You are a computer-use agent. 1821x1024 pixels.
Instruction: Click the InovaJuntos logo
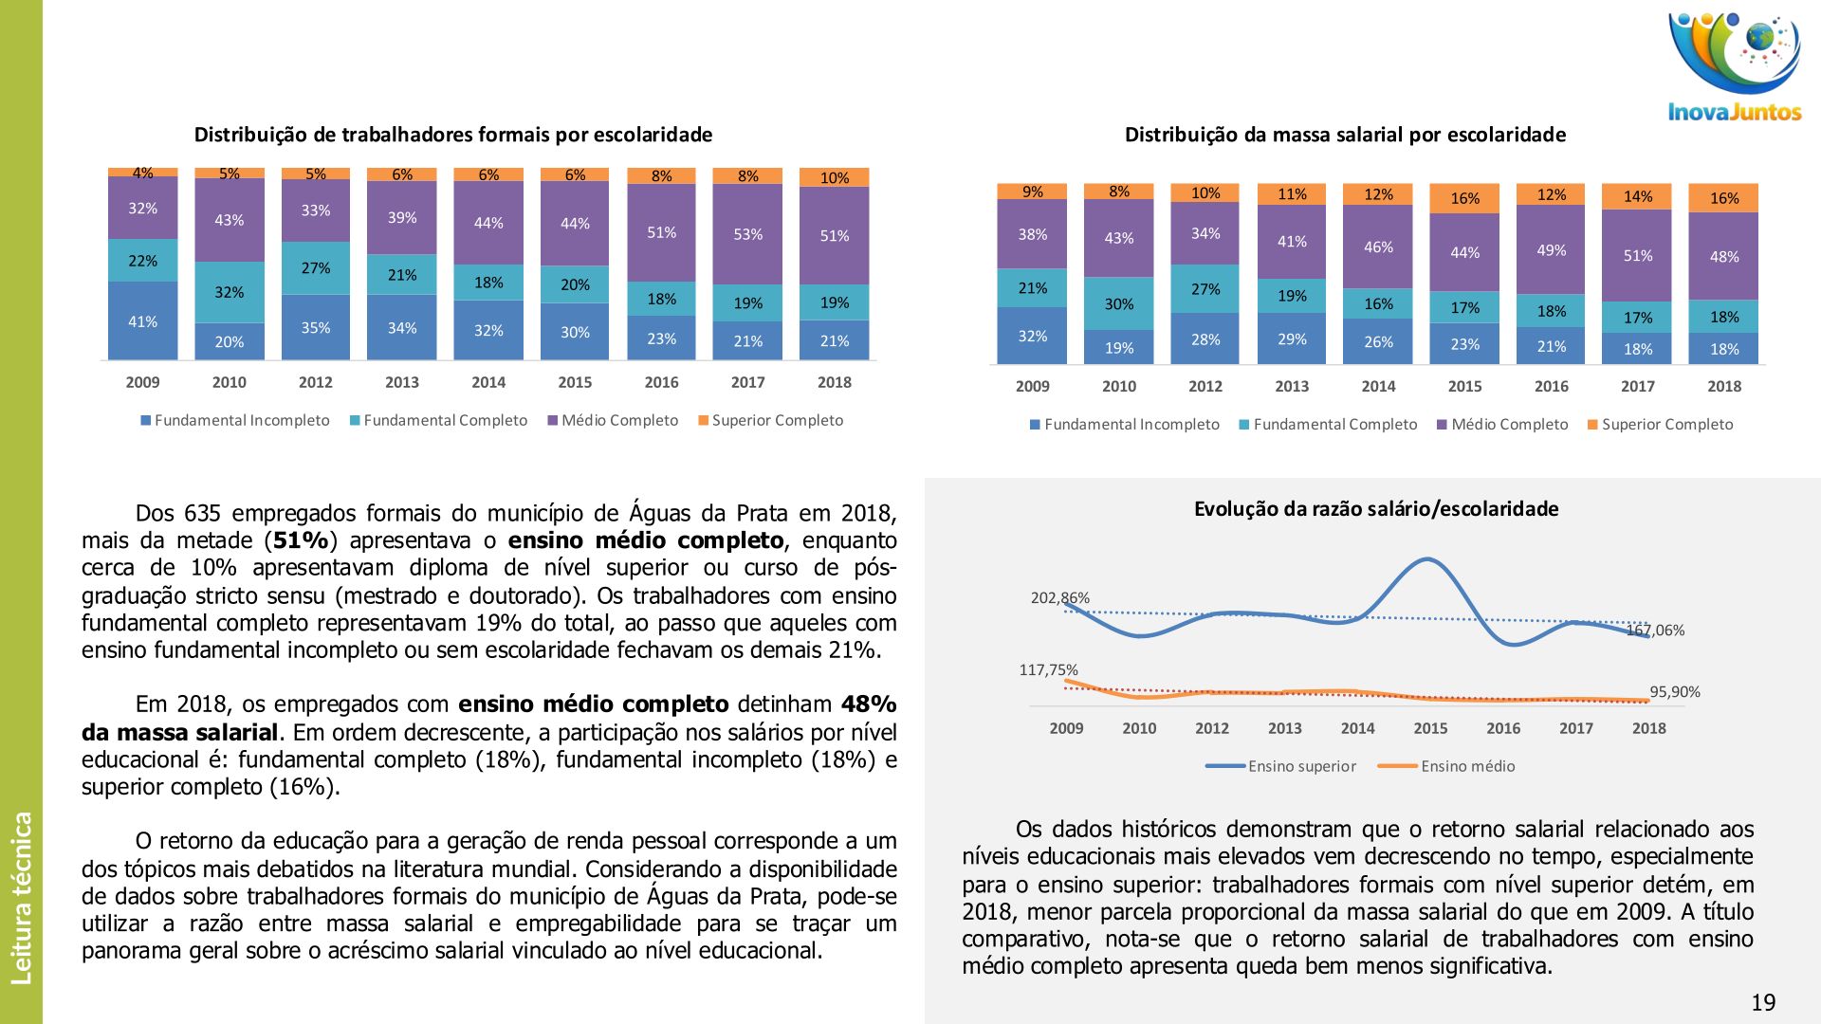pos(1735,66)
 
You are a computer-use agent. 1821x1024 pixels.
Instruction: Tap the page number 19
pos(1763,1002)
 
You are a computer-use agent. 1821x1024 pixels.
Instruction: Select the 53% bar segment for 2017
pos(747,234)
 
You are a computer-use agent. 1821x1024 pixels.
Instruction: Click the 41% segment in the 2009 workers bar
pos(142,321)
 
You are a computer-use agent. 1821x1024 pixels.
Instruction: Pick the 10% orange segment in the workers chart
pos(834,177)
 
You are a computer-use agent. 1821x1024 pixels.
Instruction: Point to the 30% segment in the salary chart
pos(1118,303)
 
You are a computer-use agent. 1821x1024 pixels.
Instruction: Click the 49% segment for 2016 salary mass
pos(1551,250)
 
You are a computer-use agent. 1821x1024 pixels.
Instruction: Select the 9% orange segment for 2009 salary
pos(1032,192)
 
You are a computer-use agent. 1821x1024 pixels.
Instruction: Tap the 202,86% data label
pos(1059,597)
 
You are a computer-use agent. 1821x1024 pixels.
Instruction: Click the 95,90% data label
pos(1674,691)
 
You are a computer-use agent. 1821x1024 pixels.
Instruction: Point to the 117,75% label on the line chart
pos(1048,669)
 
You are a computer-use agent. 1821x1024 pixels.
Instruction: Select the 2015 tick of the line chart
pos(1430,728)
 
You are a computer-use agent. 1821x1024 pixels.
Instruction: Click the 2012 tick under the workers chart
pos(315,382)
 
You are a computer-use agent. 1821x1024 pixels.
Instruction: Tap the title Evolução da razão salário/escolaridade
pos(1375,509)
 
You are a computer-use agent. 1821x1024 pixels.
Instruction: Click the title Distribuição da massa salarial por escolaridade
pos(1345,135)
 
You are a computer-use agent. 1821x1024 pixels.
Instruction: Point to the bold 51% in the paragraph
pos(301,540)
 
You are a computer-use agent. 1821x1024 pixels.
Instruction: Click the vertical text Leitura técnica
pos(21,897)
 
